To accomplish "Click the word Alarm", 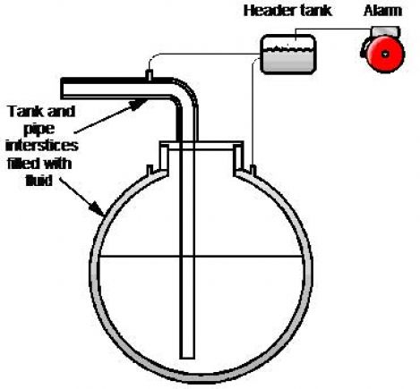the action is (382, 11).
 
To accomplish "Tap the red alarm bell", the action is (385, 54).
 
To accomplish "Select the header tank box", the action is (288, 54).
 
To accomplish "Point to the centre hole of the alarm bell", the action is (385, 54).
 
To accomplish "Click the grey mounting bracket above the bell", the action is (385, 31).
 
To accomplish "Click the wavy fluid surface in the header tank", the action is (288, 47).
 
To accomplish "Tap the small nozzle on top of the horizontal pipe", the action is (150, 74).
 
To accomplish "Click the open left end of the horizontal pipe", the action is (63, 89).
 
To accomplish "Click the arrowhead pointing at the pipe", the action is (138, 104).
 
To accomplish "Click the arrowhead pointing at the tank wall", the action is (98, 208).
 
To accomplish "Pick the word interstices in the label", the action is (42, 146).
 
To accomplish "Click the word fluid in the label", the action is (39, 181).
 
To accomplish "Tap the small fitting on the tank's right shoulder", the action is (253, 170).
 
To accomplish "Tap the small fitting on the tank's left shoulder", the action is (150, 170).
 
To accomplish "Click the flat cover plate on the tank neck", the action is (201, 146).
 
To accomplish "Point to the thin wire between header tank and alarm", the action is (333, 30).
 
